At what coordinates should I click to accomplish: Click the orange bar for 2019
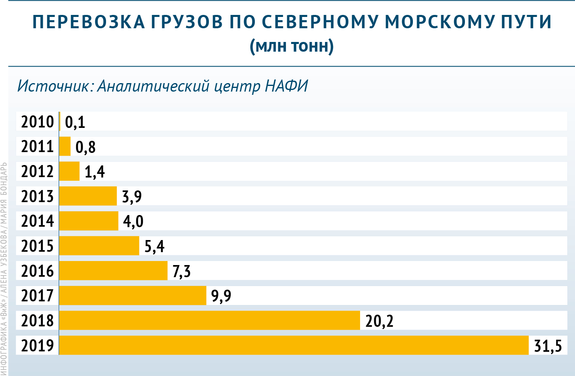coord(294,345)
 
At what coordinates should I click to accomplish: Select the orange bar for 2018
coord(209,320)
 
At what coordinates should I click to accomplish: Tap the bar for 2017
coord(133,295)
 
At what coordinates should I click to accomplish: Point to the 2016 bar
coord(113,270)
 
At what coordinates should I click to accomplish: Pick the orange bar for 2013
coord(88,196)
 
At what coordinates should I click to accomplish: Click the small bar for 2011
coord(65,146)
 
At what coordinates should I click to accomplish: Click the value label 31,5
coord(548,346)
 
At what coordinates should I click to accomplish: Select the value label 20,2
coord(379,321)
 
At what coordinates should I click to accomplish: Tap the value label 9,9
coord(221,296)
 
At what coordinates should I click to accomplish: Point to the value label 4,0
coord(133,221)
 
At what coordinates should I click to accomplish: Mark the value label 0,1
coord(75,122)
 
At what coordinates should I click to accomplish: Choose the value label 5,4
coord(154,246)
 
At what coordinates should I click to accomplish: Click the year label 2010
coord(37,121)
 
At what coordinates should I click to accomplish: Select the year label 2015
coord(37,246)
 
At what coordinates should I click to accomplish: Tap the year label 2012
coord(37,171)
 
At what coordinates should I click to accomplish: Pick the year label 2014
coord(37,221)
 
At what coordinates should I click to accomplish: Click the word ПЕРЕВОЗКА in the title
coord(88,22)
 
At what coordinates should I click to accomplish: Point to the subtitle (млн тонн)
coord(292,46)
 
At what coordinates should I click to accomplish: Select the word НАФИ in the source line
coord(286,86)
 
